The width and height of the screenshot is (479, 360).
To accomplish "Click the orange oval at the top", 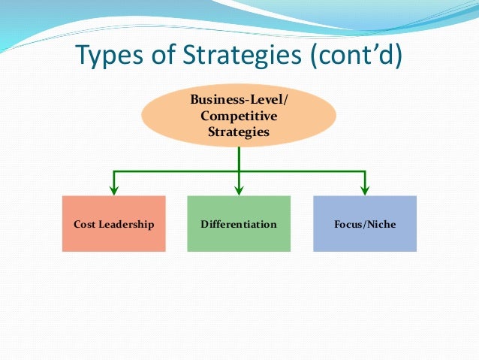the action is (x=239, y=116).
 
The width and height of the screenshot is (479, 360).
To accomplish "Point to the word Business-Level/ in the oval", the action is (x=239, y=101).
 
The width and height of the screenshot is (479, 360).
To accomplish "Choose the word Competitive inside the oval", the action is (x=239, y=116).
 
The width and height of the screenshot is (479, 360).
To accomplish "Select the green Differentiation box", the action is (x=239, y=241).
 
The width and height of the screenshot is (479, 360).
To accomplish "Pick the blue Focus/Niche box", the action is (x=364, y=241).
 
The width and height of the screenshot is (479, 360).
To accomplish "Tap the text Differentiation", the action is (x=239, y=224).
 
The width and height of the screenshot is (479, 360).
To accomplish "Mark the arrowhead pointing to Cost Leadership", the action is (x=113, y=189).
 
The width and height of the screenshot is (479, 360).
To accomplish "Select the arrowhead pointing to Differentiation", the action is (x=239, y=189).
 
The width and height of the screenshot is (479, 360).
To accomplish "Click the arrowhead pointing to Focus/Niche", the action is (x=365, y=189).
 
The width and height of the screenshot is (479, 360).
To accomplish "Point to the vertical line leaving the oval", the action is (x=239, y=158).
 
